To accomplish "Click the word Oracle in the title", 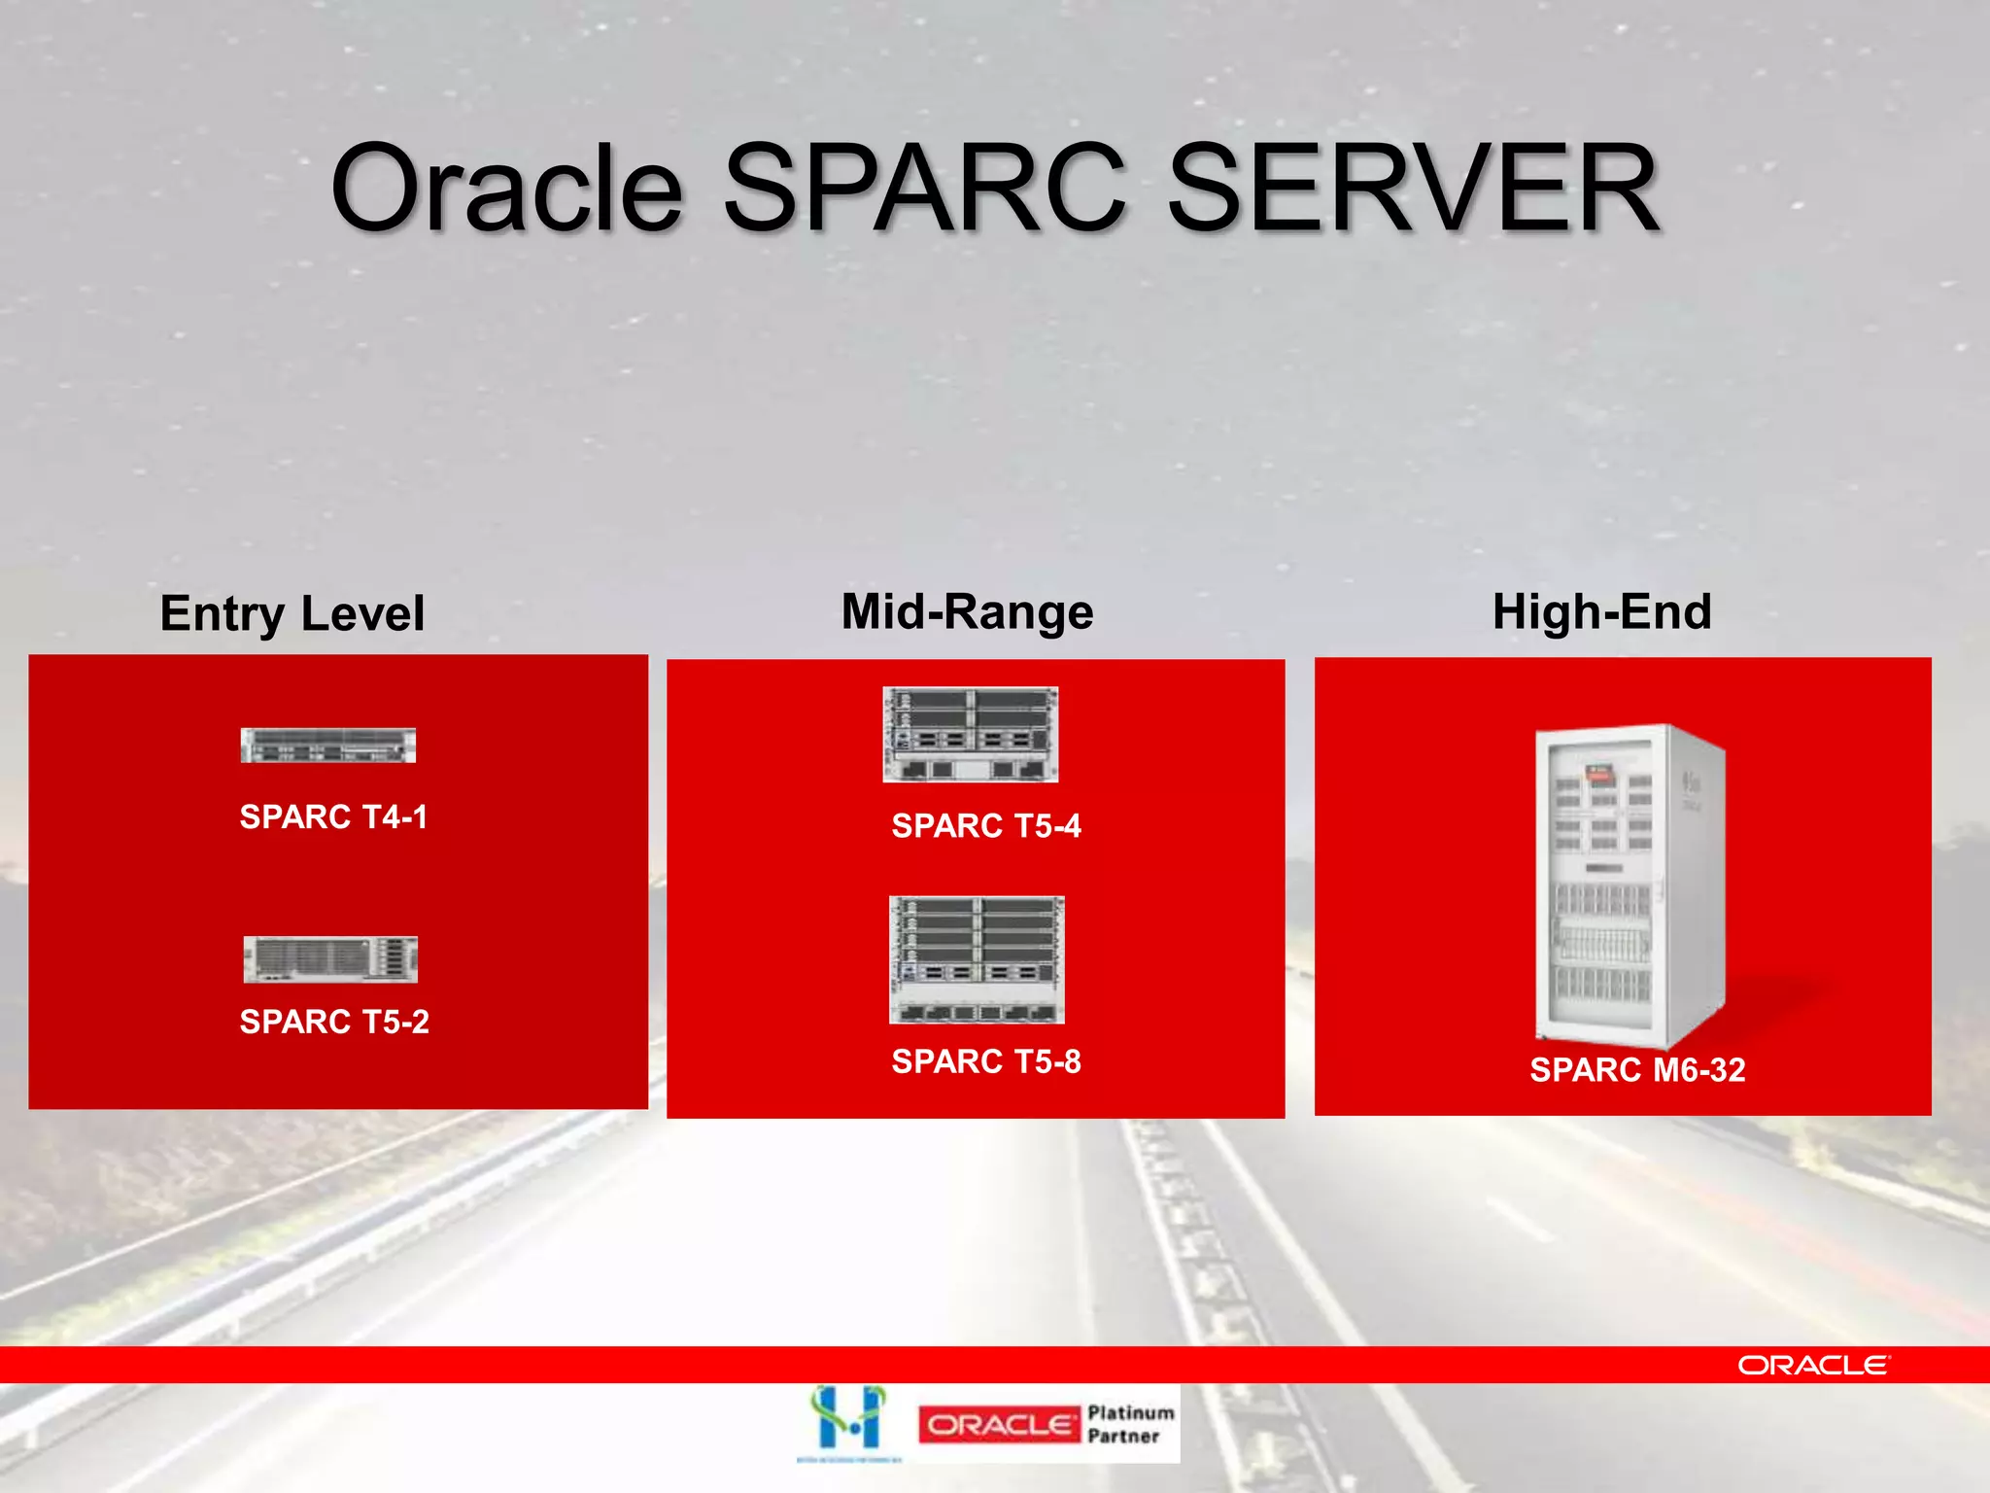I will click(x=507, y=189).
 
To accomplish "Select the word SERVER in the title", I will click(x=1413, y=189).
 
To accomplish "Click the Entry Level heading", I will click(x=292, y=614).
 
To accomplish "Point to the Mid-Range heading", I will click(x=967, y=612).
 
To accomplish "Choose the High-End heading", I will click(x=1601, y=612).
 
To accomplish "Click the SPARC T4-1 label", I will click(x=333, y=817).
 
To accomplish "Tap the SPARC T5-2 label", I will click(x=334, y=1022).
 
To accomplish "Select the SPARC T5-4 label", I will click(x=985, y=826).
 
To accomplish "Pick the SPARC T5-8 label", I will click(x=985, y=1061).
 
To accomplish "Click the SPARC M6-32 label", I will click(x=1637, y=1070).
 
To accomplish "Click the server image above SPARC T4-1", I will click(x=328, y=746).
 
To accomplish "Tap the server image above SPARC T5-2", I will click(x=330, y=959).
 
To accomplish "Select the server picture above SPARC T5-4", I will click(x=970, y=735).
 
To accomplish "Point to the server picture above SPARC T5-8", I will click(x=977, y=959).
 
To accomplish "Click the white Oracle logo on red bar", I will click(x=1813, y=1366).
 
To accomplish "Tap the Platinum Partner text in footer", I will click(x=1129, y=1424).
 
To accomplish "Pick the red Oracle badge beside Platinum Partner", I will click(x=999, y=1425).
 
